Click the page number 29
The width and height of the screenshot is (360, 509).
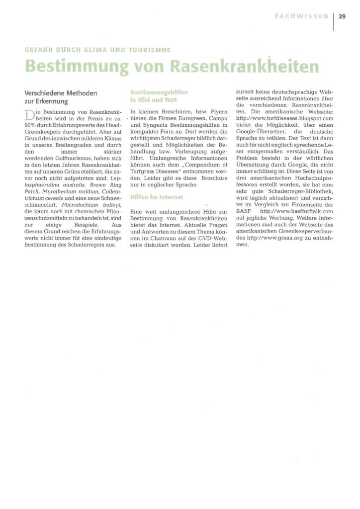point(342,16)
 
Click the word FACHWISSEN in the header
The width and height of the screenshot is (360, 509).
point(302,16)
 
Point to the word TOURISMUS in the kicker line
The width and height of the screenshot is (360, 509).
point(149,50)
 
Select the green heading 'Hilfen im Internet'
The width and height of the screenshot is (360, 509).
point(156,197)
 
